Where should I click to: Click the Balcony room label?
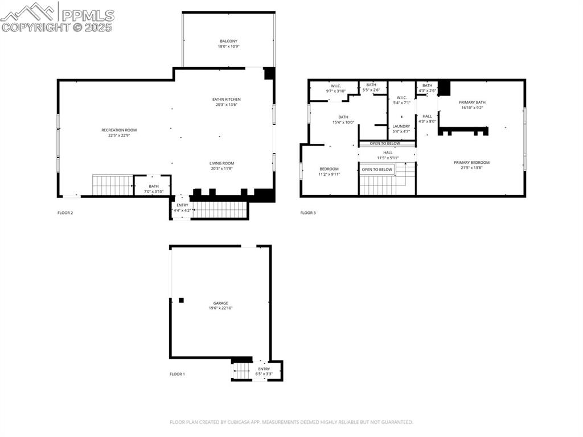click(228, 41)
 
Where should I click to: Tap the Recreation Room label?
click(119, 130)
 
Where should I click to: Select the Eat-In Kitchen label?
click(224, 100)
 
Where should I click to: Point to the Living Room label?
click(221, 163)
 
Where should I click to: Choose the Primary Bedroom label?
click(471, 163)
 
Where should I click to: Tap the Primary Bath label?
click(472, 102)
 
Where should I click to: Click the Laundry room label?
click(401, 126)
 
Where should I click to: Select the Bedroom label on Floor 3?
click(329, 169)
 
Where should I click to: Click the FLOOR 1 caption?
click(177, 374)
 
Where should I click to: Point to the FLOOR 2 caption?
click(65, 213)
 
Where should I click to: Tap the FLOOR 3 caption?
click(308, 213)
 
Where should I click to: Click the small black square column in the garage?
click(181, 300)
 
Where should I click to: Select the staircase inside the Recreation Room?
click(112, 185)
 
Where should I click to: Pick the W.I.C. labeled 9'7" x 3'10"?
click(335, 88)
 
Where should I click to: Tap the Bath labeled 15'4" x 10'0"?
click(343, 119)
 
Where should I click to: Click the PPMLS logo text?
click(88, 15)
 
